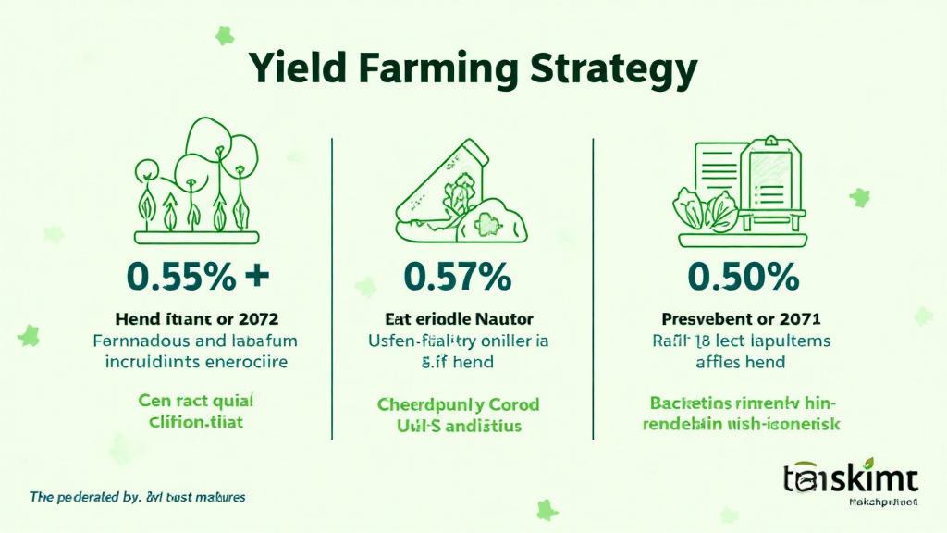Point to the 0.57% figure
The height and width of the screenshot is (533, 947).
tap(458, 275)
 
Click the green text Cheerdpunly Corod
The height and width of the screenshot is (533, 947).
tap(459, 405)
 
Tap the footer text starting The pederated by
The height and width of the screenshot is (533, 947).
tap(137, 497)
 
